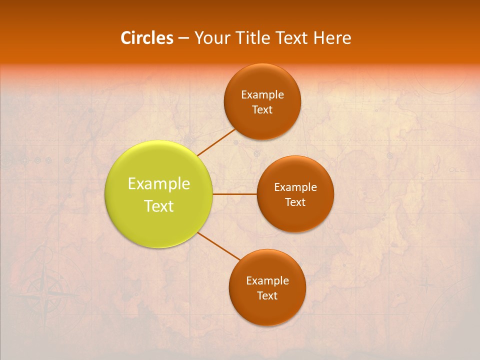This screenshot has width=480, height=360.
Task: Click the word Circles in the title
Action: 147,38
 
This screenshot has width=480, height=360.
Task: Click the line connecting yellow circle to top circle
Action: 216,142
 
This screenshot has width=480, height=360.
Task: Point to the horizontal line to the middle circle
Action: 235,194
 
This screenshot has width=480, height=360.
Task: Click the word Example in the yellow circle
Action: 159,184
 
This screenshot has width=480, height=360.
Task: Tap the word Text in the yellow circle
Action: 159,206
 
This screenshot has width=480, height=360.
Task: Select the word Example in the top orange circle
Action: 262,95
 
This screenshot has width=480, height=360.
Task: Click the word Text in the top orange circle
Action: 262,110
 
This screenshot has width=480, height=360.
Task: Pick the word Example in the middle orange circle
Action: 295,187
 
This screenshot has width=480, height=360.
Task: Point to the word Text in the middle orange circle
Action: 295,202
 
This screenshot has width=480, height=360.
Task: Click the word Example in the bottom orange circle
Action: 267,281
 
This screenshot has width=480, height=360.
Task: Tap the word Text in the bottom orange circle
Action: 267,296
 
